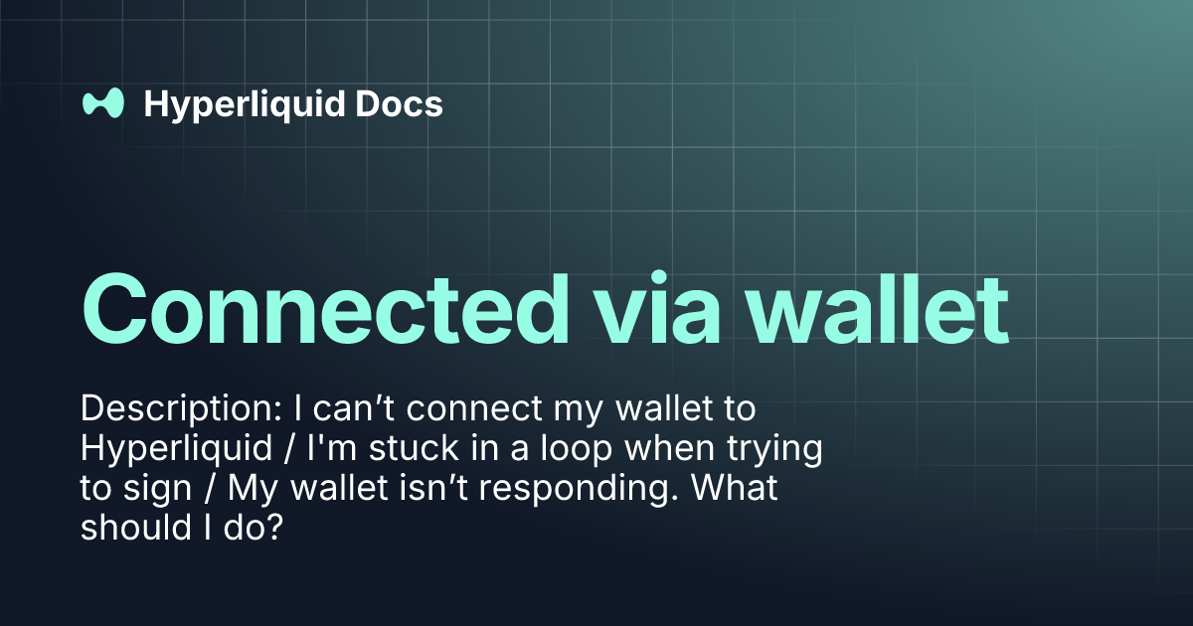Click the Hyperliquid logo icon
click(x=102, y=103)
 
